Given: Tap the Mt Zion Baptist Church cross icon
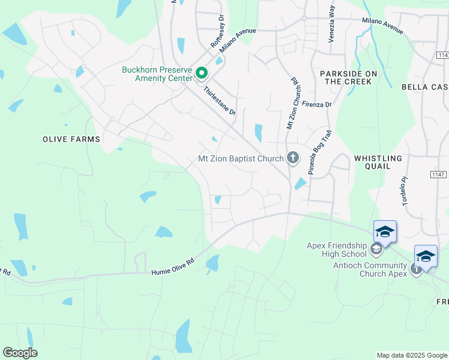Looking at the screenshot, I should [x=293, y=158].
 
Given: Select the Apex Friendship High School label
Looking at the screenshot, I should [x=336, y=250].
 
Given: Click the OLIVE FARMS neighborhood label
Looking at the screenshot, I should [x=71, y=139].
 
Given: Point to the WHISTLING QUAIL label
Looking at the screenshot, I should [x=378, y=163].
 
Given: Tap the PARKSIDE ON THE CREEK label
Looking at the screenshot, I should [x=349, y=77].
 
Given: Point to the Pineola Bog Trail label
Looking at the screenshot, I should [x=320, y=154].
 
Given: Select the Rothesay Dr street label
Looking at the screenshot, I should [x=217, y=31].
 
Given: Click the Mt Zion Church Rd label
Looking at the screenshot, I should [x=292, y=103].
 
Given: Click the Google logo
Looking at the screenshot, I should [x=20, y=353].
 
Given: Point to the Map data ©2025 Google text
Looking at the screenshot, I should [x=412, y=355].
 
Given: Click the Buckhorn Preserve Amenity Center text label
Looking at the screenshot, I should [x=157, y=74].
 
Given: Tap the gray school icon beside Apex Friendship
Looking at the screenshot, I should [x=376, y=248].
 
